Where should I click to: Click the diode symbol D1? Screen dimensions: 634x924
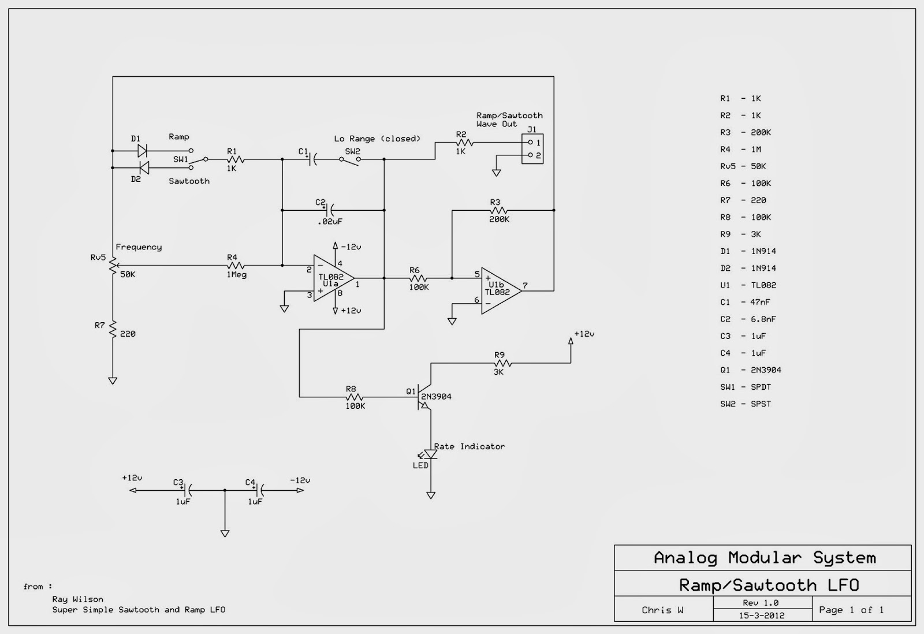click(x=141, y=151)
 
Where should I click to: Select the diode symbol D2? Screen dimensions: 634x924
click(x=144, y=167)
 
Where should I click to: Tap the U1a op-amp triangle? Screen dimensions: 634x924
click(x=332, y=278)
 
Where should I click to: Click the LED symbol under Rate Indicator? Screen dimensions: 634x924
click(x=430, y=455)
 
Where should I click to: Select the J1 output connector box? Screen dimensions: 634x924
click(x=532, y=149)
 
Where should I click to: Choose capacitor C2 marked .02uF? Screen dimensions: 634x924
click(x=329, y=210)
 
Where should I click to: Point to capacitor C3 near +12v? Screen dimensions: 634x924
click(x=186, y=490)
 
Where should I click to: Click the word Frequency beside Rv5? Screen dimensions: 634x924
click(x=139, y=247)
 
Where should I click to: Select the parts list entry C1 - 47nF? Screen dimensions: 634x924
click(x=744, y=302)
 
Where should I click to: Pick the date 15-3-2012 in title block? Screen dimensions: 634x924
click(x=762, y=616)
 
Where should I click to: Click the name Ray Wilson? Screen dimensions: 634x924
click(x=77, y=599)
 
